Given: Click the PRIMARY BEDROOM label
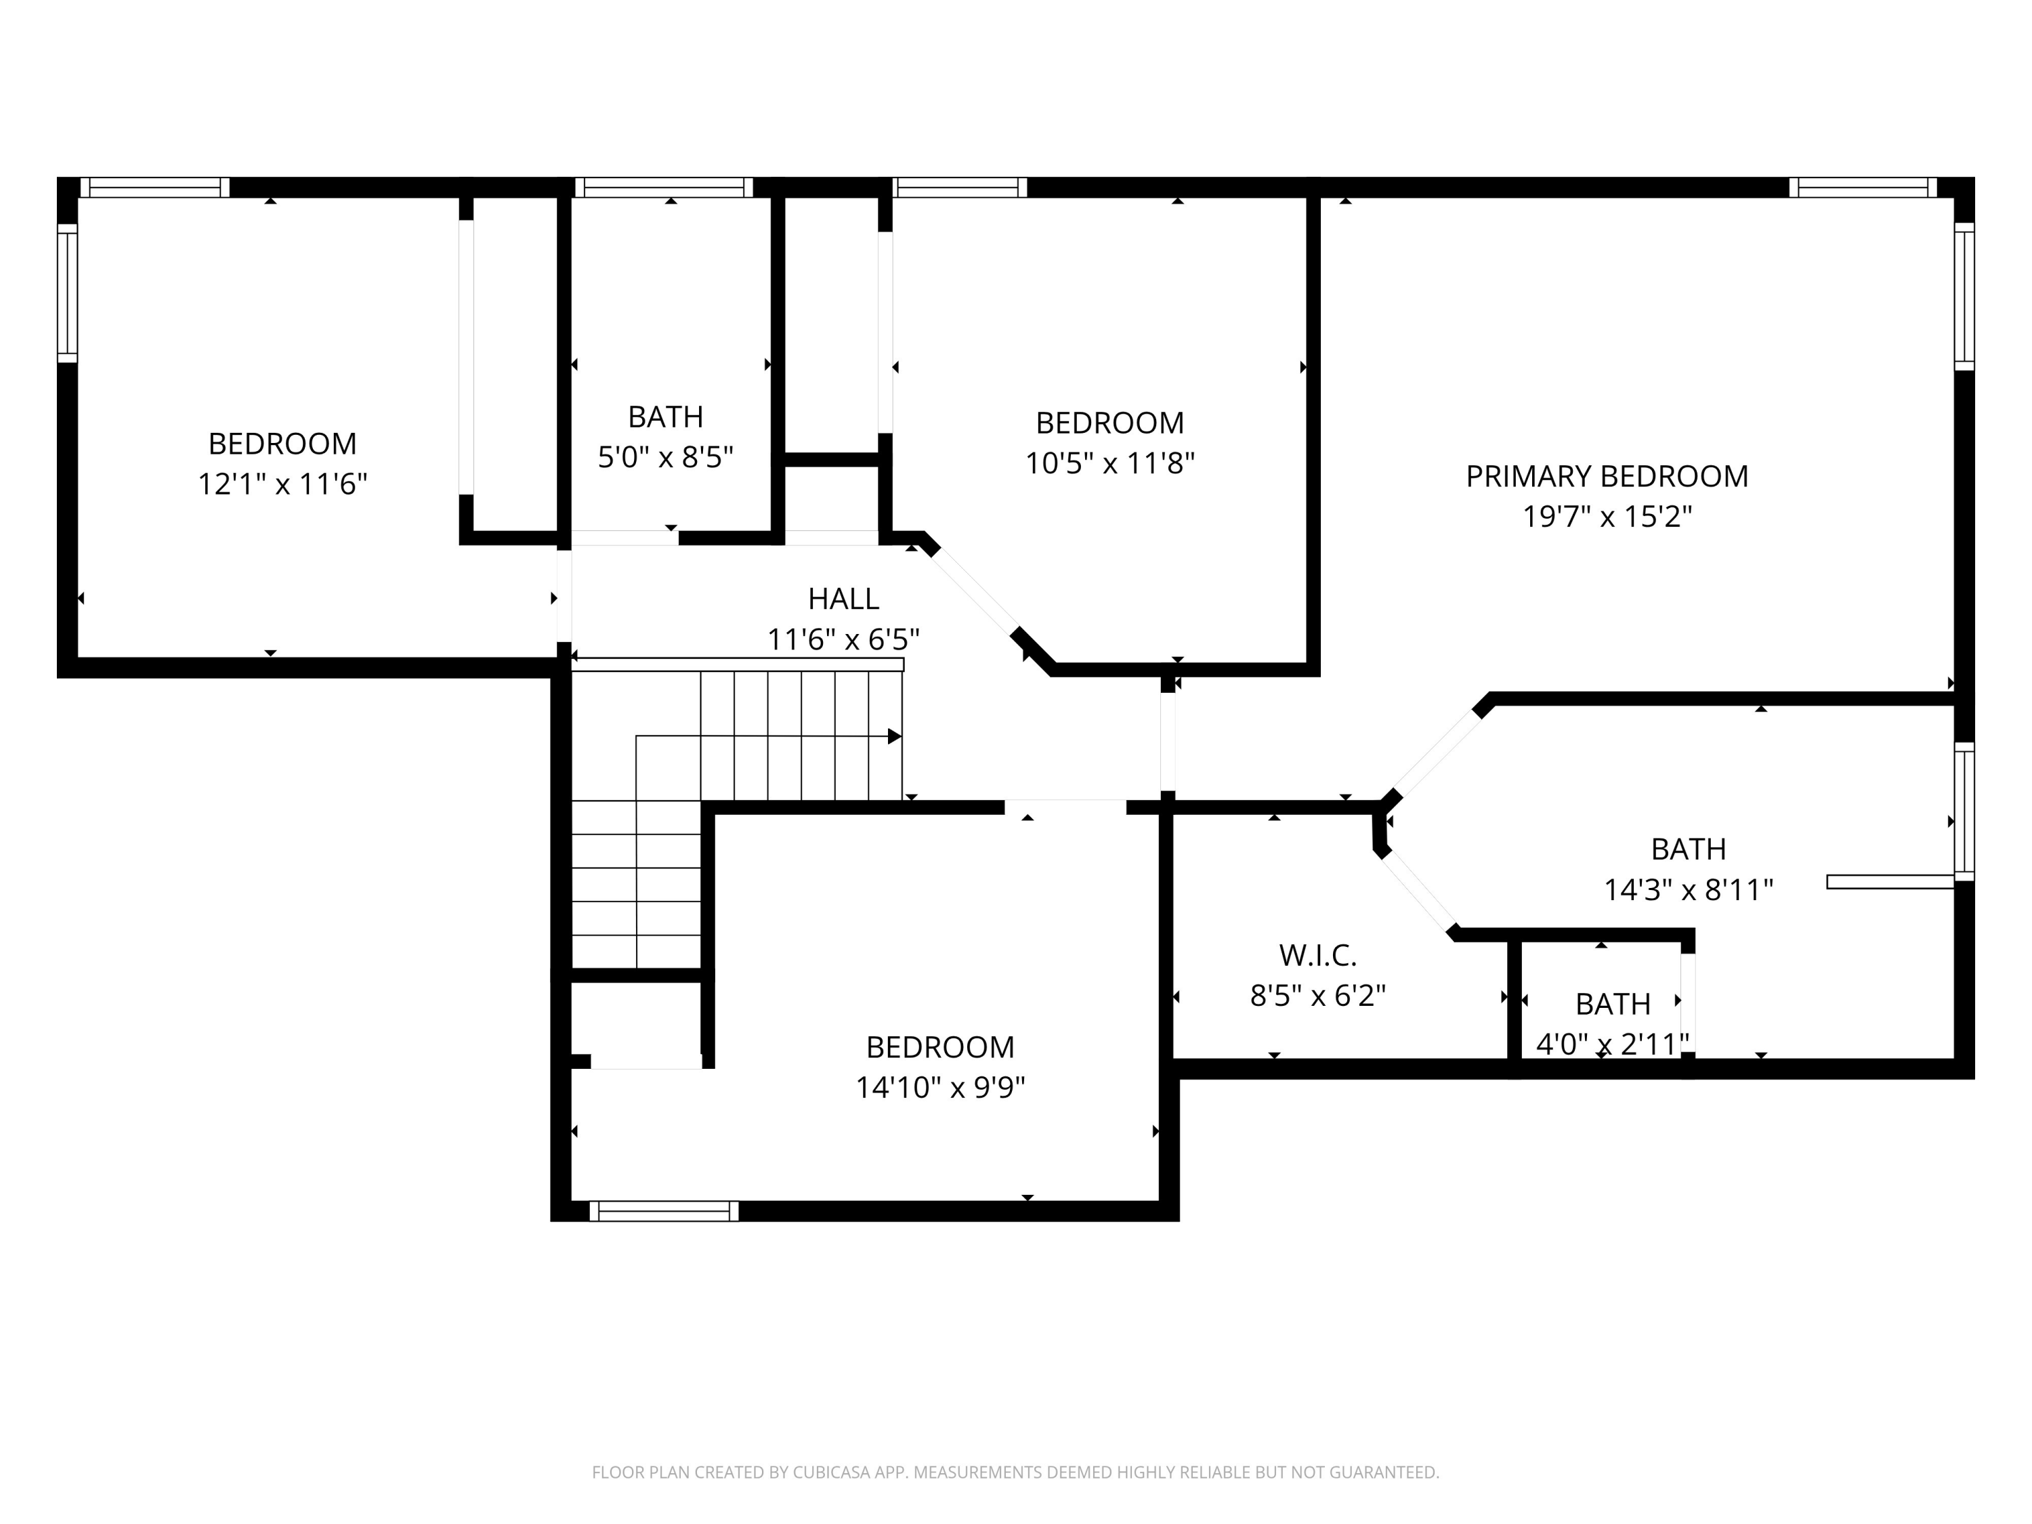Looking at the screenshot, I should coord(1607,476).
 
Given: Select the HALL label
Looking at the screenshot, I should coord(843,599).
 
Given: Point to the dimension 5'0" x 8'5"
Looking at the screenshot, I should coord(665,457).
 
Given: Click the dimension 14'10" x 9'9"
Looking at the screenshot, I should coord(939,1088).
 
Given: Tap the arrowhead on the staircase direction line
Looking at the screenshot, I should coord(894,736).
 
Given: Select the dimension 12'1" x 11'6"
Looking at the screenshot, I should coord(282,484).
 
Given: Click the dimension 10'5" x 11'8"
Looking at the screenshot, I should coord(1109,463).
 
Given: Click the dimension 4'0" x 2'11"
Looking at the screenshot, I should coord(1612,1044).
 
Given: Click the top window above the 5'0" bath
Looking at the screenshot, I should coord(663,188).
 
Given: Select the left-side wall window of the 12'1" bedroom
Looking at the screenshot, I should coord(67,293).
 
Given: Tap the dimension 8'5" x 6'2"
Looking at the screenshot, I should coord(1317,996).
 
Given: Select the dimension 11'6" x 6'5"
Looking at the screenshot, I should coord(843,639).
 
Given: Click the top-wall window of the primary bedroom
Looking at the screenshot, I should coord(1862,188).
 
